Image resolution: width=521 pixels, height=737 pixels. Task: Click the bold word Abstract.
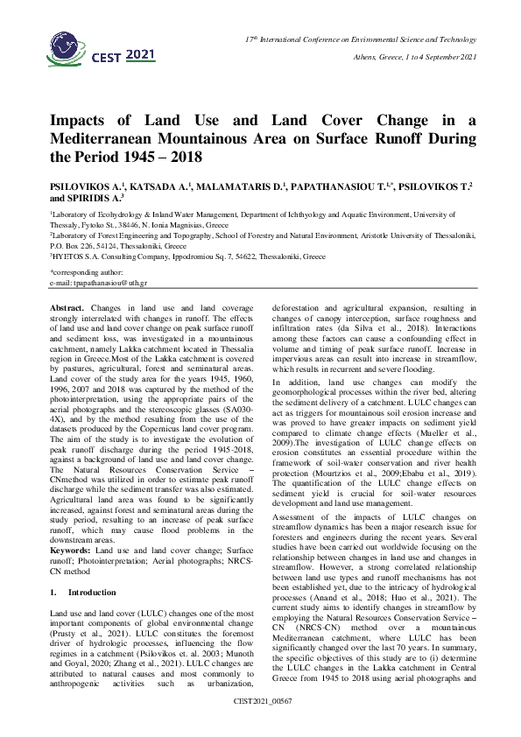click(x=68, y=308)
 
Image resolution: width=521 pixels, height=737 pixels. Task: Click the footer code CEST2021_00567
click(x=261, y=726)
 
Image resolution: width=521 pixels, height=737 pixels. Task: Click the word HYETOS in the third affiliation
click(x=72, y=257)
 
